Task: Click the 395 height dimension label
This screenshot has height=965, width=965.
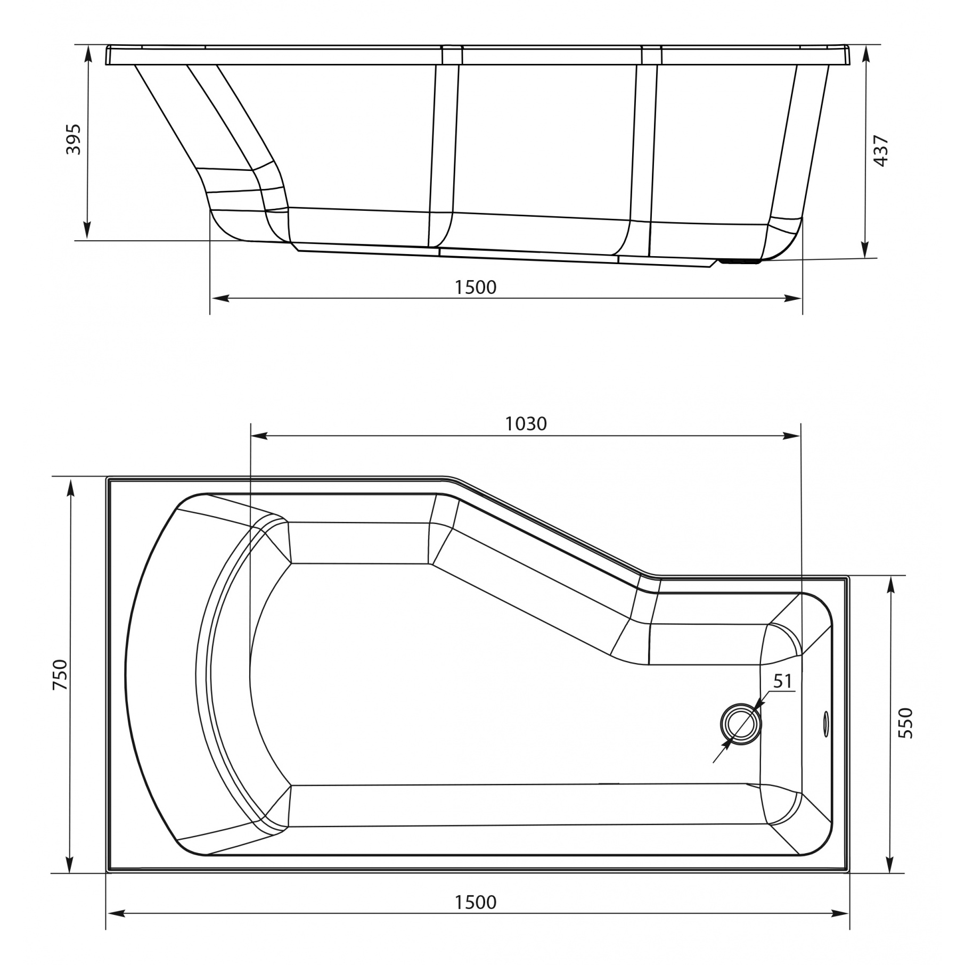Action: click(x=73, y=140)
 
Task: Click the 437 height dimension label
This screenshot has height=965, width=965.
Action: click(x=881, y=151)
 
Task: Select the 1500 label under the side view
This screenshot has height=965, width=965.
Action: click(x=475, y=287)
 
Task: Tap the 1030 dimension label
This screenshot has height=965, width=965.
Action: click(x=526, y=423)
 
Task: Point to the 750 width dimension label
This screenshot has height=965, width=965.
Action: click(x=61, y=675)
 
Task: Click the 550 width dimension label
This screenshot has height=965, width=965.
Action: click(x=905, y=723)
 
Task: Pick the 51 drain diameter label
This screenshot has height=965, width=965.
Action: click(x=783, y=681)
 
